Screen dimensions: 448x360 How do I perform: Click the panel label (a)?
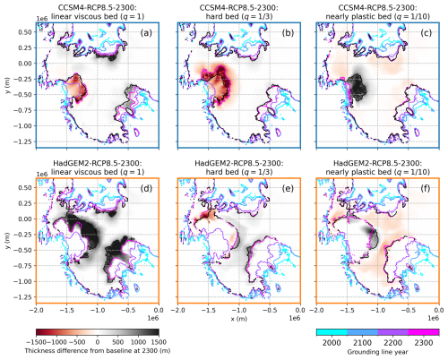[x=146, y=33]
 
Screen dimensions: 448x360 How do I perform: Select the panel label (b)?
[x=288, y=33]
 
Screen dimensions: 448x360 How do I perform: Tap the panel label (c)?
[x=426, y=33]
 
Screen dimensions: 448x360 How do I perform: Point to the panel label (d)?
[x=146, y=188]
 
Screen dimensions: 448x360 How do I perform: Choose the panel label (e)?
[x=288, y=188]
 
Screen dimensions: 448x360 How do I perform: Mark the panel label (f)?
[x=426, y=188]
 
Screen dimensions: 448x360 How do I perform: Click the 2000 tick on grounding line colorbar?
[x=332, y=342]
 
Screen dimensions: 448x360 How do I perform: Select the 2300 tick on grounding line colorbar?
[x=424, y=342]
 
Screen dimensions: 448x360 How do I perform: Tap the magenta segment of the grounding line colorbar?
[x=424, y=332]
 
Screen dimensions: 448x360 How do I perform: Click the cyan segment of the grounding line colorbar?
[x=332, y=332]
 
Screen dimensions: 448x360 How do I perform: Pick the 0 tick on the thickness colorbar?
[x=98, y=342]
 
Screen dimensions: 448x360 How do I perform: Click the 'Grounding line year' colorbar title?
[x=377, y=352]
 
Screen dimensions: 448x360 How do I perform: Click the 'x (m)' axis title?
[x=239, y=319]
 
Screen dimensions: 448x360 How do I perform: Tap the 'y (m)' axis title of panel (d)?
[x=7, y=241]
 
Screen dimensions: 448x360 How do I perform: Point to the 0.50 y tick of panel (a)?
[x=26, y=32]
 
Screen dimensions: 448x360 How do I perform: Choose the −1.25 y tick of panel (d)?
[x=23, y=297]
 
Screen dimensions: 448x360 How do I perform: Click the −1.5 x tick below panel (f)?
[x=347, y=311]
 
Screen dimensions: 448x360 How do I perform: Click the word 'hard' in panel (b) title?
[x=214, y=16]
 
